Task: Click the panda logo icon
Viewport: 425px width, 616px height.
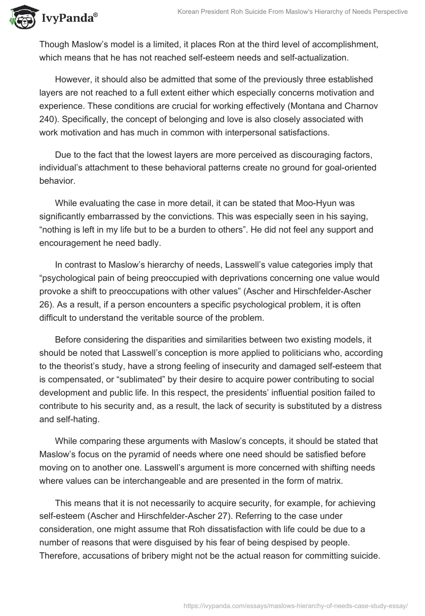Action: (x=20, y=17)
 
